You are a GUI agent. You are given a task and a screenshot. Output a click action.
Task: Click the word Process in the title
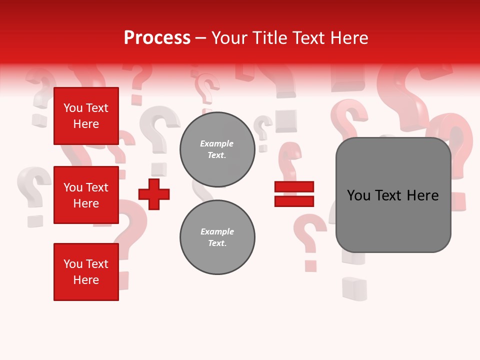click(x=157, y=38)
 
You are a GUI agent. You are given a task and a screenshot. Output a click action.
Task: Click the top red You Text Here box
click(x=86, y=116)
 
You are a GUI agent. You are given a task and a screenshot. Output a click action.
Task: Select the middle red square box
click(x=86, y=195)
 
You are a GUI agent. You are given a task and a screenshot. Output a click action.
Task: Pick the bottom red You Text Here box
click(x=86, y=272)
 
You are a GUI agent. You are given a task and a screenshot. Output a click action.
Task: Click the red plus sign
click(x=154, y=194)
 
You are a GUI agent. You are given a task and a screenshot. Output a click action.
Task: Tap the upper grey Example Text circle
click(x=217, y=149)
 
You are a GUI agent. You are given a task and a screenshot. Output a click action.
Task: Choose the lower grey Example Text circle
click(x=217, y=237)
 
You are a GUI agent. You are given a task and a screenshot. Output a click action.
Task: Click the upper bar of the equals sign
click(x=294, y=186)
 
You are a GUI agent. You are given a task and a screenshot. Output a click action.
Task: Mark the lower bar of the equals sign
click(x=294, y=201)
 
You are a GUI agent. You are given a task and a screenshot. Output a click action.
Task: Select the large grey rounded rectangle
click(x=393, y=195)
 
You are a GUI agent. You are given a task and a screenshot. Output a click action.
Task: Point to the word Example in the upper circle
click(x=217, y=143)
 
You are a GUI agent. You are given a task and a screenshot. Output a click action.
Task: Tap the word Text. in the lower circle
click(x=217, y=243)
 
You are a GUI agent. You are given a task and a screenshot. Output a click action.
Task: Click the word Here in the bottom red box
click(x=86, y=280)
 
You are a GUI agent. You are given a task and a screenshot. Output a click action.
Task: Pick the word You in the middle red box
click(x=72, y=187)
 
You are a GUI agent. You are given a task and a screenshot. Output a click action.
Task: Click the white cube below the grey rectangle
click(x=354, y=289)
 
